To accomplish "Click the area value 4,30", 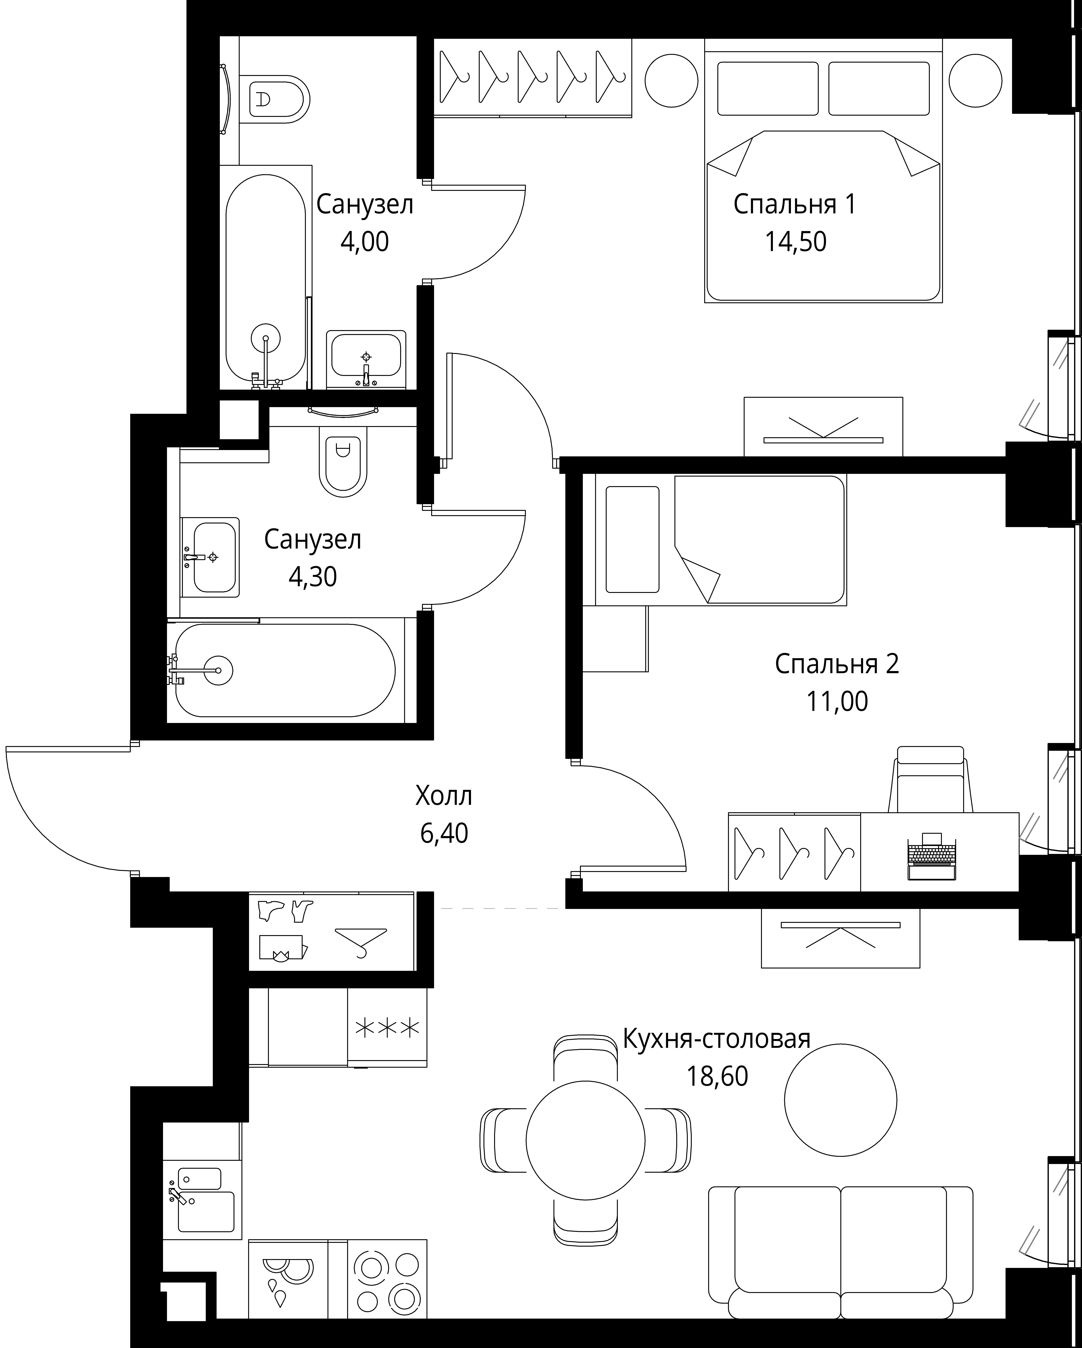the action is point(313,577).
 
